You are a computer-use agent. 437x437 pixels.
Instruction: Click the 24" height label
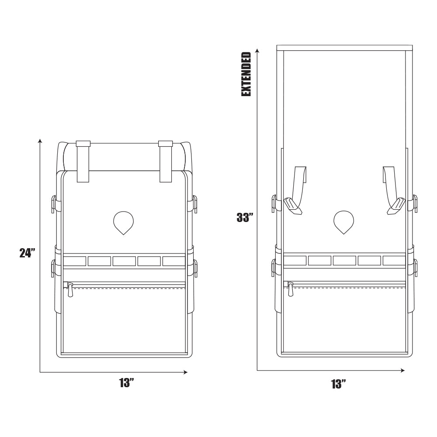pyautogui.click(x=27, y=253)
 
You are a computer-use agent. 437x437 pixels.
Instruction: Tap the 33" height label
pyautogui.click(x=245, y=217)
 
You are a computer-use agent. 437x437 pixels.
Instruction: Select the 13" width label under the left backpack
pyautogui.click(x=127, y=383)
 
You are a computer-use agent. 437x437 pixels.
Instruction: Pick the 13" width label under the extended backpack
pyautogui.click(x=339, y=384)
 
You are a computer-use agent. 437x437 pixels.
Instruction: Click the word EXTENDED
pyautogui.click(x=246, y=74)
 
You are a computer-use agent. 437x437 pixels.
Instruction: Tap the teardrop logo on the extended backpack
pyautogui.click(x=343, y=222)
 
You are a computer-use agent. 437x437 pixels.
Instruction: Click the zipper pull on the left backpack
pyautogui.click(x=70, y=289)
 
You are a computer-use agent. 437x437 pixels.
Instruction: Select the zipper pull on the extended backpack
pyautogui.click(x=290, y=289)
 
